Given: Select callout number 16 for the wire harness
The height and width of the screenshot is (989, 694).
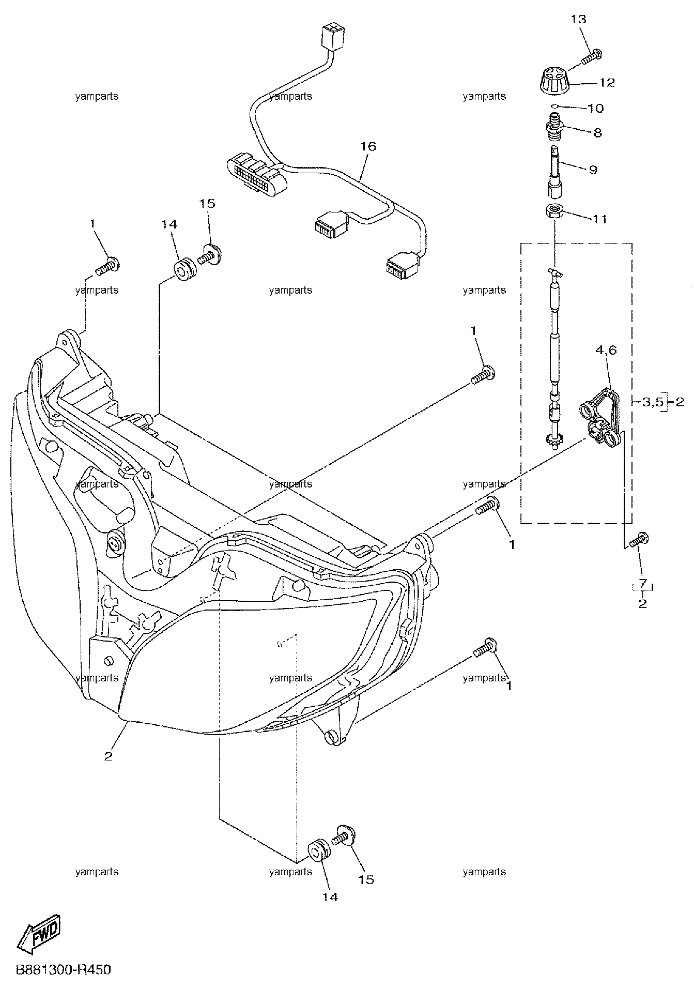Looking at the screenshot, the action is tap(368, 146).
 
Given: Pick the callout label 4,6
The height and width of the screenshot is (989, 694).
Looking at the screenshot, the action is tap(606, 350).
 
